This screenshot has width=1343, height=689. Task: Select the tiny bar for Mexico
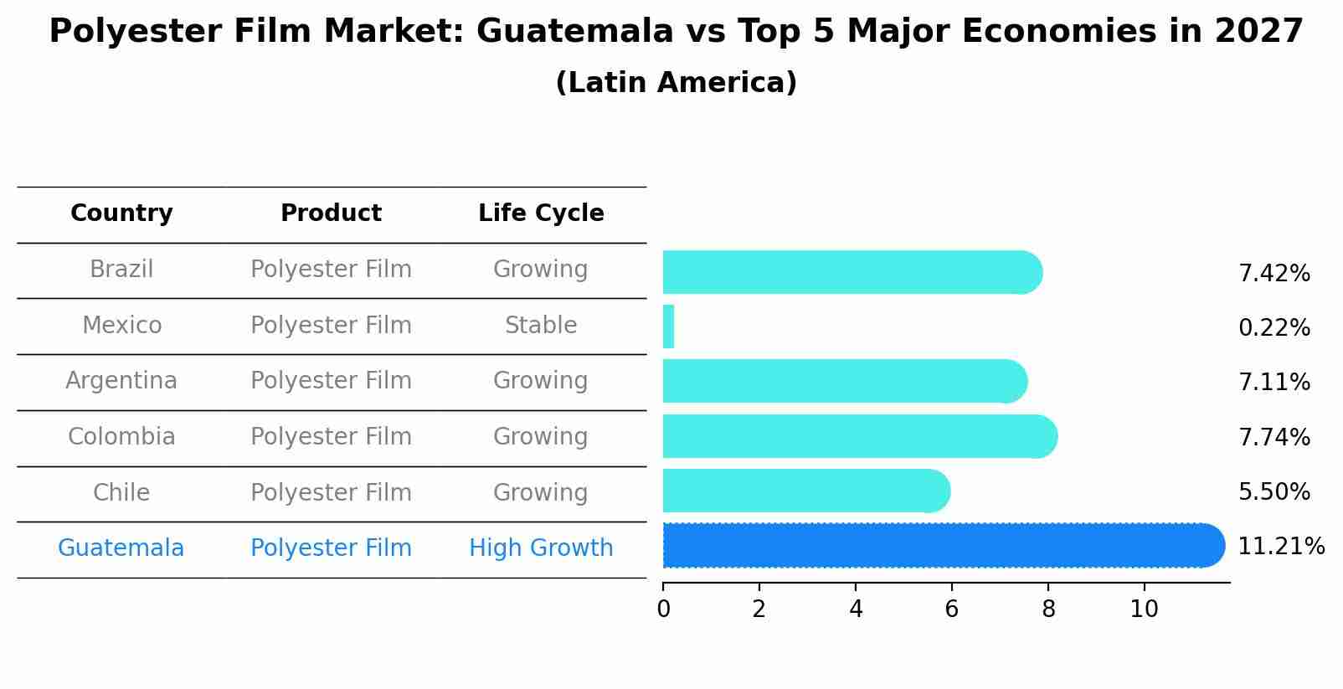(668, 327)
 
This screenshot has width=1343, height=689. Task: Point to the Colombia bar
(859, 436)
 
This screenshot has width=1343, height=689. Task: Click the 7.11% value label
(1274, 383)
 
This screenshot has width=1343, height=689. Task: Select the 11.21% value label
(1280, 547)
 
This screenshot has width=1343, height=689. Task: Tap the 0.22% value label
(1274, 328)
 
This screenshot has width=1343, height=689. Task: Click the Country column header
(121, 213)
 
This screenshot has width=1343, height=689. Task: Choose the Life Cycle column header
(541, 213)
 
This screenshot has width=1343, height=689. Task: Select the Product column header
(331, 213)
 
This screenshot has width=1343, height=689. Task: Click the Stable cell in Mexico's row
(541, 326)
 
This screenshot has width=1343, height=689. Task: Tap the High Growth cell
(541, 548)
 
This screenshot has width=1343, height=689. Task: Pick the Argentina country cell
(121, 381)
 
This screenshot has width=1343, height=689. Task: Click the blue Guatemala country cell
(121, 548)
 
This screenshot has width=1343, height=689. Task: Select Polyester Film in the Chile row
(331, 492)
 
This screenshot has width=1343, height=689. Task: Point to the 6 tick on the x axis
(951, 609)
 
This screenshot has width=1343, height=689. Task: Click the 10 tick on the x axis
(1144, 609)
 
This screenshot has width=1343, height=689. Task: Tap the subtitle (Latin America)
(676, 83)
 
